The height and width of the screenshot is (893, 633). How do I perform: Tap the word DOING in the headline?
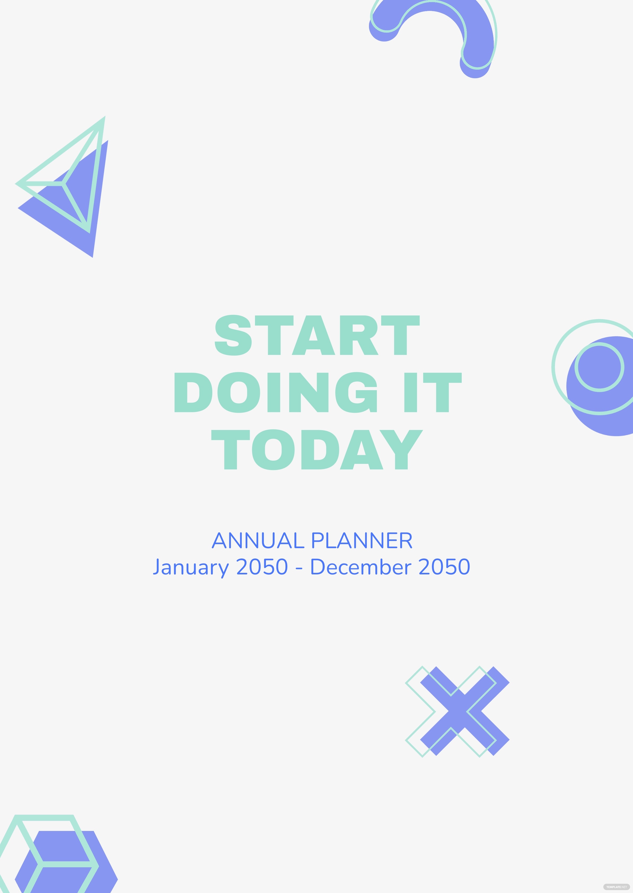coord(276,392)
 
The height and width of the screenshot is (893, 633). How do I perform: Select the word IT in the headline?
coord(433,392)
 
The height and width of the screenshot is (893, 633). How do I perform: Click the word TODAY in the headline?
coord(317,450)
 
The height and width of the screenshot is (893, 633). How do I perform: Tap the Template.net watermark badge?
coord(616,887)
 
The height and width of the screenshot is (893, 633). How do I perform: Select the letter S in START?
coord(233,335)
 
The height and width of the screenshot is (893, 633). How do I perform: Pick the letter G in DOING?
coord(356,392)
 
